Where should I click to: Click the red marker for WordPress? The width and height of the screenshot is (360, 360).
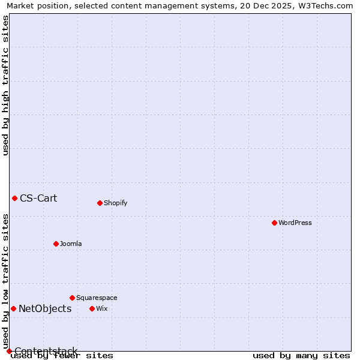point(274,223)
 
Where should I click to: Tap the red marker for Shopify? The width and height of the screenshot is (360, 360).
point(100,203)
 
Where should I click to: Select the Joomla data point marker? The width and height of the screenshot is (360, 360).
point(56,244)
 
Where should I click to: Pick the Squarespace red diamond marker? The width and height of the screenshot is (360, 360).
point(72,298)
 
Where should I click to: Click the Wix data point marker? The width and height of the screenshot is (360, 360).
point(92,308)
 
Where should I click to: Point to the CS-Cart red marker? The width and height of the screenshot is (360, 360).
point(14,198)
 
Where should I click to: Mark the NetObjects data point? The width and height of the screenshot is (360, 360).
point(13,308)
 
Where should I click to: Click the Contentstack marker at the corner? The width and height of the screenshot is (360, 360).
point(9,351)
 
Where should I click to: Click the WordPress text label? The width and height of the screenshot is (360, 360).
point(295,223)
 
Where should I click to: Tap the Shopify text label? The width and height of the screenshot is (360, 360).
point(115,203)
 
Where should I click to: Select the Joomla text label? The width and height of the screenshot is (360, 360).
point(71,244)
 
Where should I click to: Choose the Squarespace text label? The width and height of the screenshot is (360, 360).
point(97,298)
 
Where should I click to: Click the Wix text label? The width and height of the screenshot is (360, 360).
point(101,308)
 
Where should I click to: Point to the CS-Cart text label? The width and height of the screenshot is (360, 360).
point(38,198)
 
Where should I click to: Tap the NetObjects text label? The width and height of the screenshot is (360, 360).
point(45,308)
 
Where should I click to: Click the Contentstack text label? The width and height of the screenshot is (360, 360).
point(46,351)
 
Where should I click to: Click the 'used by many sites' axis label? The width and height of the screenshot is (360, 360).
point(301,356)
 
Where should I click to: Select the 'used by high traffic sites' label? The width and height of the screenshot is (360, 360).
point(5,85)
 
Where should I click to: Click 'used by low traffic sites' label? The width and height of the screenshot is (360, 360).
point(5,281)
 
